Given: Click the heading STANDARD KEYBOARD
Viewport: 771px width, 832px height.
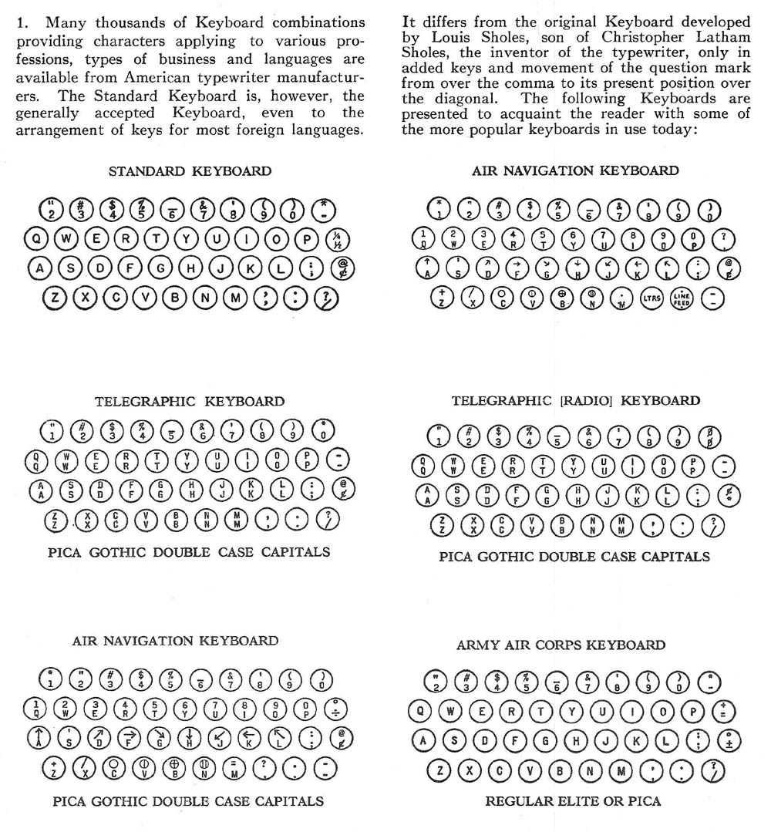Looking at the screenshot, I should [x=190, y=170].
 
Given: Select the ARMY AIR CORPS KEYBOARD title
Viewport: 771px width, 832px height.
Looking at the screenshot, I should [x=561, y=644].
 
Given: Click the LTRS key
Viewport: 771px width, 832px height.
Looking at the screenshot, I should [x=653, y=298].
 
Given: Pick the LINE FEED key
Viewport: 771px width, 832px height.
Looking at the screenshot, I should [x=682, y=298].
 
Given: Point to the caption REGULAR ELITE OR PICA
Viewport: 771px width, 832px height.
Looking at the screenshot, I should [x=573, y=800].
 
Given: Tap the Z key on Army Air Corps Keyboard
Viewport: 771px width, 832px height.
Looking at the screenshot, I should [x=439, y=770].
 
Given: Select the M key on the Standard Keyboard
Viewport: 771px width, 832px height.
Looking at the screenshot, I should [x=237, y=298].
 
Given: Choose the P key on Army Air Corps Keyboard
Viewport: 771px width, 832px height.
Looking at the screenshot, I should [x=692, y=711].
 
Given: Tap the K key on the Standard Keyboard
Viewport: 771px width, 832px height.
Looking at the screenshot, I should [x=251, y=268].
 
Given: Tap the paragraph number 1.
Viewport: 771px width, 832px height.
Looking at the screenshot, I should [x=21, y=22].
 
